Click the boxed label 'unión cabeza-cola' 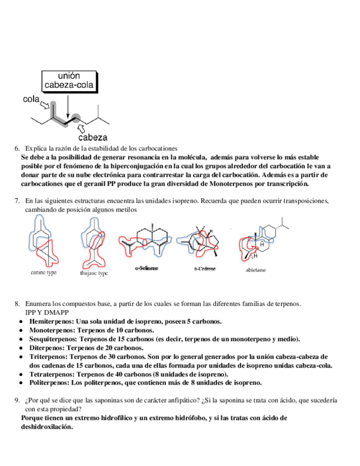click(x=70, y=81)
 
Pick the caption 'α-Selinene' click(x=147, y=268)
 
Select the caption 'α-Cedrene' click(x=204, y=269)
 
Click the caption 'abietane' click(x=257, y=270)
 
